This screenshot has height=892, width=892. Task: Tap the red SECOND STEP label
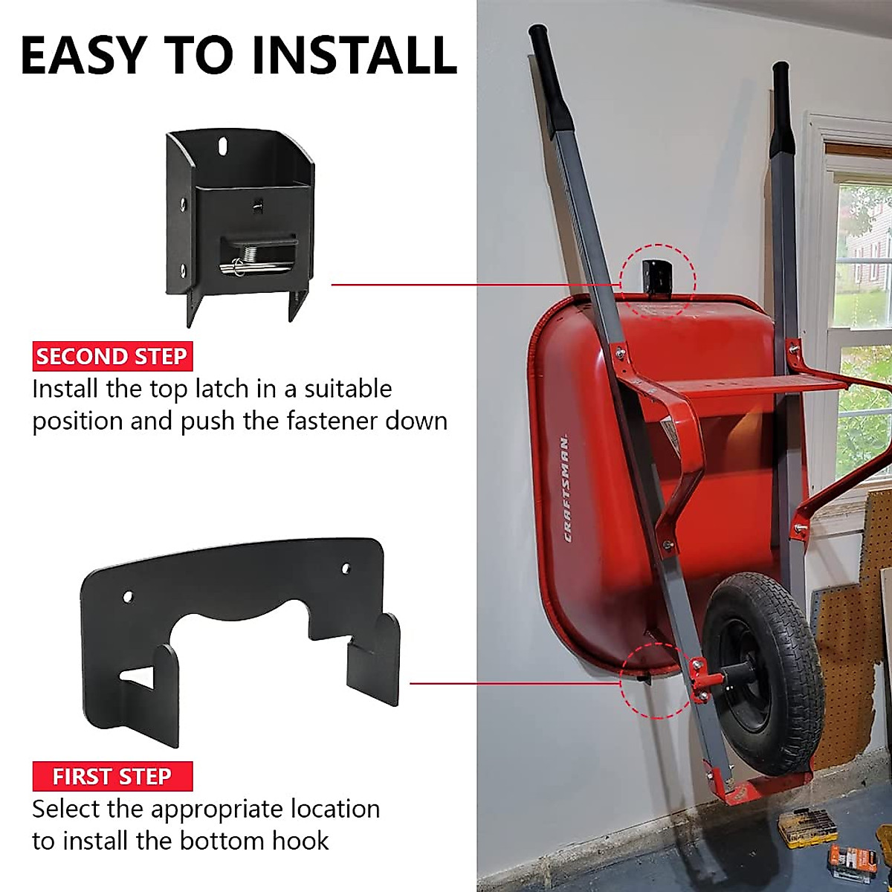111,357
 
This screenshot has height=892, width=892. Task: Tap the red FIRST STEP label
112,777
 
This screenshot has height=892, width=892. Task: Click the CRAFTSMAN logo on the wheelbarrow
566,488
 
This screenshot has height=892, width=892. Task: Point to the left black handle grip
550,78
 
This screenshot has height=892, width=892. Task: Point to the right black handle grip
782,104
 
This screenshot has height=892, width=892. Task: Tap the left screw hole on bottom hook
127,596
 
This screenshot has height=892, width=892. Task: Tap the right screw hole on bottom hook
346,569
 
